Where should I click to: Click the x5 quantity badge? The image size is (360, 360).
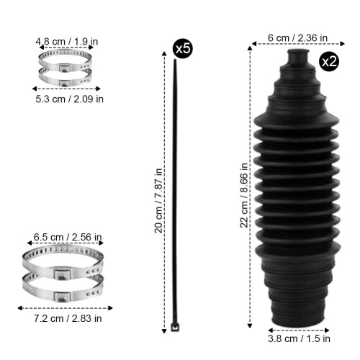tap(183, 48)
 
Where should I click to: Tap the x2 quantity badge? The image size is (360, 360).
tap(329, 61)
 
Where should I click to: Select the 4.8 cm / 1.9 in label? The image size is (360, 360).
tap(67, 42)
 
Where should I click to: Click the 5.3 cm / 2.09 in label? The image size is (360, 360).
tap(70, 99)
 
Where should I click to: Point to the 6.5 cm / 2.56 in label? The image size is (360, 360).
tap(68, 237)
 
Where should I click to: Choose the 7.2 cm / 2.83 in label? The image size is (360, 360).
tap(68, 318)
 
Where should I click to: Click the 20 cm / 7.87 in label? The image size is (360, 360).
tap(158, 200)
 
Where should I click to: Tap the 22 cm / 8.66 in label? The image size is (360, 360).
tap(244, 195)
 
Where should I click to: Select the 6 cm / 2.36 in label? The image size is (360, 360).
tap(297, 38)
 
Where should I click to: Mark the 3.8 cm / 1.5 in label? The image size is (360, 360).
tap(299, 338)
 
